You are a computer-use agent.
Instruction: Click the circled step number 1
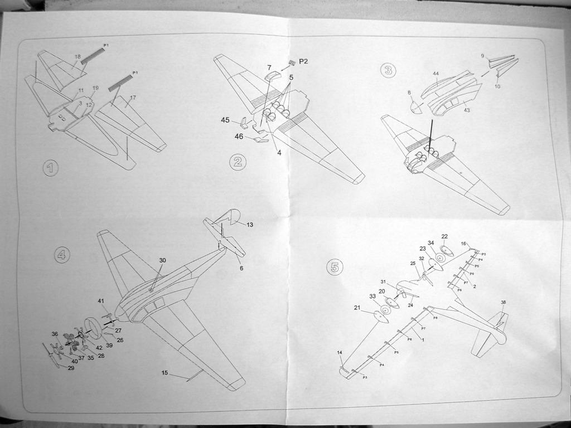pyautogui.click(x=50, y=168)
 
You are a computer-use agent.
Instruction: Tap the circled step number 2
pyautogui.click(x=238, y=162)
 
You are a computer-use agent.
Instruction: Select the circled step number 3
pyautogui.click(x=388, y=70)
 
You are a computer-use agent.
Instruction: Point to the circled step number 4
pyautogui.click(x=62, y=255)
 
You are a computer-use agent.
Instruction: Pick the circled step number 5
pyautogui.click(x=334, y=267)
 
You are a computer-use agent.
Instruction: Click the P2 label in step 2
pyautogui.click(x=303, y=61)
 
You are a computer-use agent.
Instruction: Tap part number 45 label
pyautogui.click(x=225, y=120)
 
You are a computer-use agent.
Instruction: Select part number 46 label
pyautogui.click(x=239, y=137)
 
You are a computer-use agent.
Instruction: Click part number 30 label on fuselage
pyautogui.click(x=162, y=260)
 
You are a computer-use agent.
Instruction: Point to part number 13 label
pyautogui.click(x=250, y=225)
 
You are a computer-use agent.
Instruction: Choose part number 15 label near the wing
pyautogui.click(x=164, y=373)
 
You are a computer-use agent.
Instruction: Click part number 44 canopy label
pyautogui.click(x=435, y=74)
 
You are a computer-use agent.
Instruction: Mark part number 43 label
pyautogui.click(x=467, y=110)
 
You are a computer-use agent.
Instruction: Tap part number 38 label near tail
pyautogui.click(x=503, y=303)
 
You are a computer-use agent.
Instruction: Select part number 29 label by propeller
pyautogui.click(x=71, y=368)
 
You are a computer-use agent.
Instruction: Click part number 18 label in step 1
pyautogui.click(x=78, y=57)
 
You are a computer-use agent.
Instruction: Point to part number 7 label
pyautogui.click(x=269, y=67)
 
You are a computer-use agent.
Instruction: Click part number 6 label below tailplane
pyautogui.click(x=241, y=268)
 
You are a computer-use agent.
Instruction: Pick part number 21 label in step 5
pyautogui.click(x=357, y=308)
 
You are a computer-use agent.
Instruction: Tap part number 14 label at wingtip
pyautogui.click(x=340, y=352)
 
